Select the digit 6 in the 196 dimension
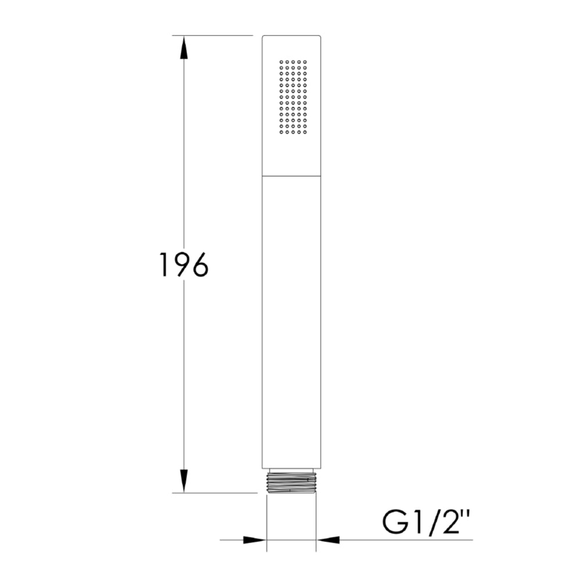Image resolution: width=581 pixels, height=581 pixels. click(198, 265)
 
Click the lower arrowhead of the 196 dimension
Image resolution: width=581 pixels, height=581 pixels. click(184, 480)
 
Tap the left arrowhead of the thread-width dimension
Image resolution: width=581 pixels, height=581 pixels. click(254, 540)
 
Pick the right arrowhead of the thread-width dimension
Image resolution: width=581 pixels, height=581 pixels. click(328, 540)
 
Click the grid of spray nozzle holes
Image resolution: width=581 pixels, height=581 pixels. click(293, 96)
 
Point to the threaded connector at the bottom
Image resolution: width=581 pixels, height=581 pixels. click(291, 482)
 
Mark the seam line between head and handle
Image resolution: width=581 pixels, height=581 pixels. click(291, 175)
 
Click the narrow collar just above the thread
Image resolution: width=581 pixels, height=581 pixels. click(291, 469)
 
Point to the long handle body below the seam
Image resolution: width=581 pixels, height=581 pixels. click(291, 320)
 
